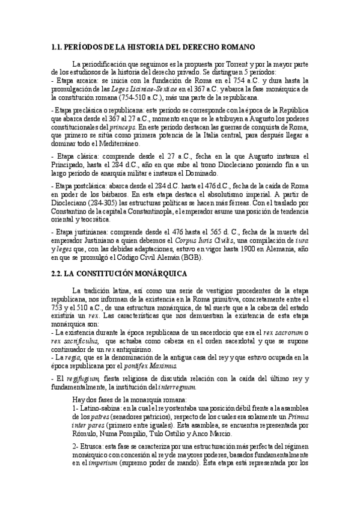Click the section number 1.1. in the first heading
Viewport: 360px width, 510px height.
click(58, 46)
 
